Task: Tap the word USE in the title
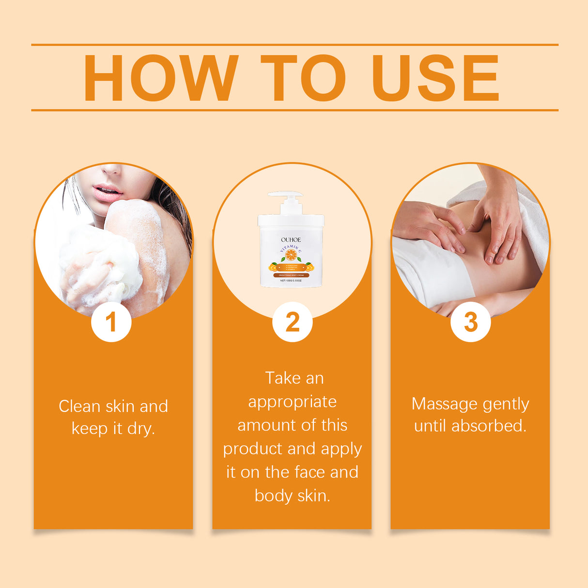pos(435,78)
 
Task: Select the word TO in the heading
pos(303,78)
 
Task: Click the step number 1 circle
pos(111,322)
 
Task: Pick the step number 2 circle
pos(292,322)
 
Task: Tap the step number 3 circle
pos(470,322)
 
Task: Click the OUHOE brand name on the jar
pos(291,240)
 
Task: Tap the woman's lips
pos(107,192)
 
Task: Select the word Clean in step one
pos(80,406)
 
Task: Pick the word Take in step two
pos(283,378)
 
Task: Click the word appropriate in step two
pos(292,402)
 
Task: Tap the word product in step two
pos(253,449)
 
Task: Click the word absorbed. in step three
pos(489,426)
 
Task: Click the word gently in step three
pos(505,404)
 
